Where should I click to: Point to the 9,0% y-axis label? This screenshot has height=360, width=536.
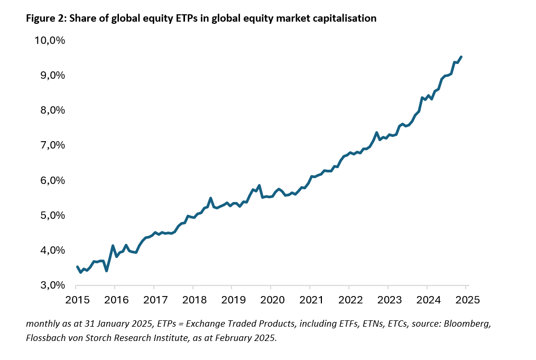point(51,76)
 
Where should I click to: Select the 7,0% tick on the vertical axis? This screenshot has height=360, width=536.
point(51,145)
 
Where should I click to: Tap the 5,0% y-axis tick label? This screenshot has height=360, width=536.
point(51,216)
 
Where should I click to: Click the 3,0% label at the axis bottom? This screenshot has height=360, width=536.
point(51,285)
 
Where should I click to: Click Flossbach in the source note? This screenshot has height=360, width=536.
point(46,338)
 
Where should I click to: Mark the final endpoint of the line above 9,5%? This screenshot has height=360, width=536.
point(461,57)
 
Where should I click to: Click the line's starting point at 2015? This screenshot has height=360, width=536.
point(77,267)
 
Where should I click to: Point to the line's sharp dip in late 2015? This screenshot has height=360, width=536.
point(107,271)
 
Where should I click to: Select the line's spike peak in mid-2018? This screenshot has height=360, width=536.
point(211,198)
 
